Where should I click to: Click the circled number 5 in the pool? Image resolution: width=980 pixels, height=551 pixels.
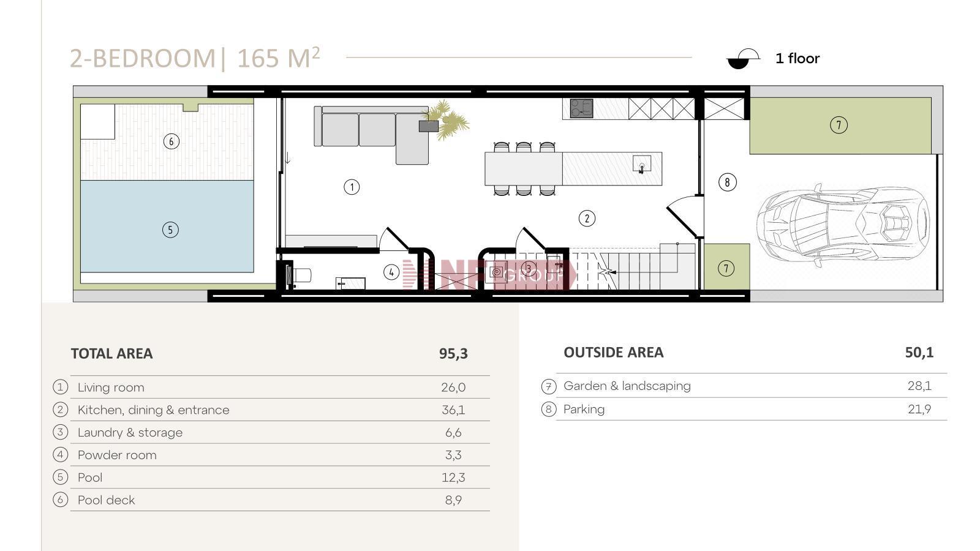click(170, 230)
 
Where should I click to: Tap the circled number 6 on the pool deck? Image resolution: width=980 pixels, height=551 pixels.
click(171, 141)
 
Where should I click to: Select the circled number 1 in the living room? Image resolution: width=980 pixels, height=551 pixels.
click(352, 187)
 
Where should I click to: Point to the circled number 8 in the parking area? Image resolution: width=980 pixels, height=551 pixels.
click(727, 182)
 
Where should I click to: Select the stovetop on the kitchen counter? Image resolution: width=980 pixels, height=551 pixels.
click(581, 108)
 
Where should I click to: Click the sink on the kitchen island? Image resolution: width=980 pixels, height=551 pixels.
click(642, 165)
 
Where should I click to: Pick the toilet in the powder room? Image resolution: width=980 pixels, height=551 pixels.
click(299, 275)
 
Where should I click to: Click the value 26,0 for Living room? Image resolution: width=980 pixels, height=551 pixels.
click(453, 388)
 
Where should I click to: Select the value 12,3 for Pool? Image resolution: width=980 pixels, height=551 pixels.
click(453, 478)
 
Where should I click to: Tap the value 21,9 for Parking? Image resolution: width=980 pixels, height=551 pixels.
click(919, 410)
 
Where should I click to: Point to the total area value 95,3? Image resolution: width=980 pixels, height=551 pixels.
click(453, 354)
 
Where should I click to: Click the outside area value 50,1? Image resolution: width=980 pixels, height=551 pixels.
click(919, 353)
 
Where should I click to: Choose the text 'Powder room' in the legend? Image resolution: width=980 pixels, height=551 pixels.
click(117, 455)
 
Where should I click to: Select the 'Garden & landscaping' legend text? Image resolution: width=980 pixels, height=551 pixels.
click(627, 386)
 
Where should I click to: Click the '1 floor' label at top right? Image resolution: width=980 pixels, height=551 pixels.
click(797, 59)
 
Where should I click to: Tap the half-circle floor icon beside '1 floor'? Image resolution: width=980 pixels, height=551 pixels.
click(743, 59)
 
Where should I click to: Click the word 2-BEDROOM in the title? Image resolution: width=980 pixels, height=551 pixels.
click(143, 58)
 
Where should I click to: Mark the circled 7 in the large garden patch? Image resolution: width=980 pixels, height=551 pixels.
click(839, 126)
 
